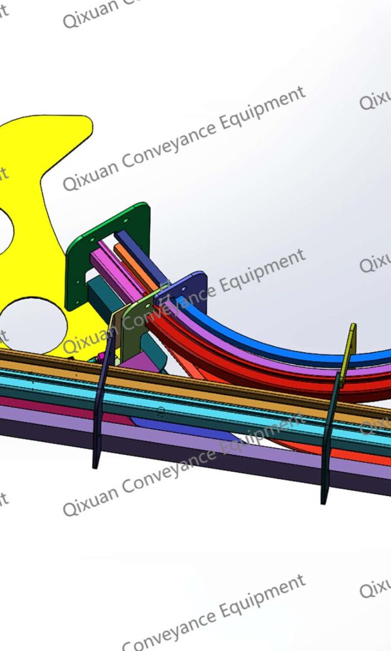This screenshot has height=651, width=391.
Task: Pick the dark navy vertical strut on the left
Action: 99,417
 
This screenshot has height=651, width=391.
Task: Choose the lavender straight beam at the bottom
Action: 195,449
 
